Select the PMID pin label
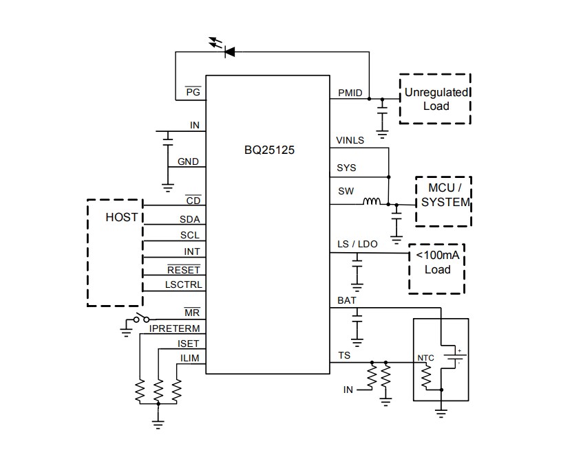[350, 93]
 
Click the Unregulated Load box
[435, 99]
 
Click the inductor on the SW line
[372, 202]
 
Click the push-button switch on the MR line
[142, 319]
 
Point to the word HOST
[121, 217]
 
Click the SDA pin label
[189, 220]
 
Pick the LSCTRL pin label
[183, 284]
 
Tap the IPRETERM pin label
[175, 329]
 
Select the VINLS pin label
[350, 141]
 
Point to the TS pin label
[344, 355]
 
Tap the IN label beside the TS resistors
[348, 390]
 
